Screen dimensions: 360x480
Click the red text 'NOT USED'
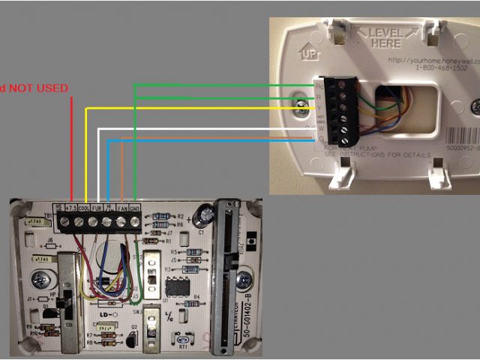[x=37, y=88]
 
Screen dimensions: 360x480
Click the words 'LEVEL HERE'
[x=385, y=38]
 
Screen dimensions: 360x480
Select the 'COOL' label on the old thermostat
[x=85, y=208]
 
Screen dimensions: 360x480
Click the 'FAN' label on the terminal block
[x=123, y=208]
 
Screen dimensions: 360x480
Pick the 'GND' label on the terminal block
[x=136, y=208]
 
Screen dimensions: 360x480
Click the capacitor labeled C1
[x=201, y=217]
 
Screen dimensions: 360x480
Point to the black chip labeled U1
[x=177, y=287]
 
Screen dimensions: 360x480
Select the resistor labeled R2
[x=160, y=216]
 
